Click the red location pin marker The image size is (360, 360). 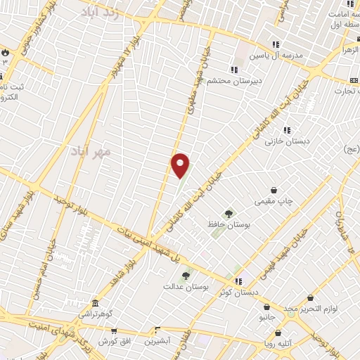pos(181,165)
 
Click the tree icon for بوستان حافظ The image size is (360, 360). pos(229,214)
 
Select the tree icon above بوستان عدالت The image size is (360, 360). pos(186,276)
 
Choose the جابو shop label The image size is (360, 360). pos(267,317)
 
